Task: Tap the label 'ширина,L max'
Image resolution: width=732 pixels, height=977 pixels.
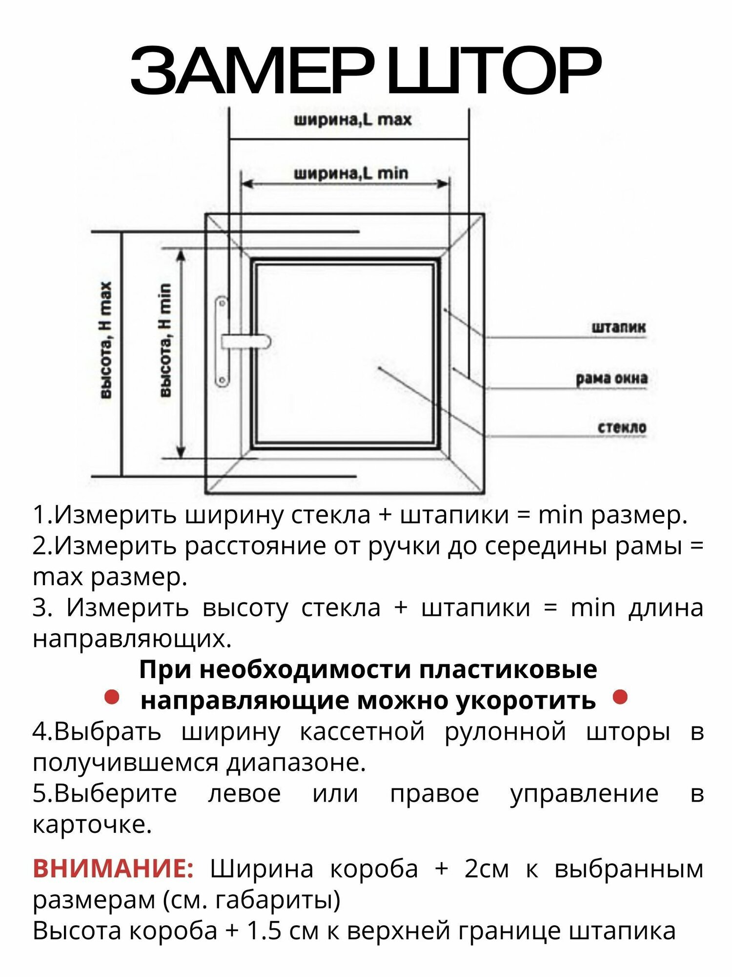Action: (x=352, y=120)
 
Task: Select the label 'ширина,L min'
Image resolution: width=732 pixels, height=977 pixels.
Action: (x=350, y=173)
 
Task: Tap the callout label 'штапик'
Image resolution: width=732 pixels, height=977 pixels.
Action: (x=618, y=327)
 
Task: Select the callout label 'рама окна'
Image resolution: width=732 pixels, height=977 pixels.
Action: (x=611, y=379)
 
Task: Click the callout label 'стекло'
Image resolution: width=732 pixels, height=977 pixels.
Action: (x=622, y=428)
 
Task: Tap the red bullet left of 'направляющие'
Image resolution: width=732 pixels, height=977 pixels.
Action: (x=112, y=697)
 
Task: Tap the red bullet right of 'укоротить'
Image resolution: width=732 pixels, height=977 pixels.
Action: (x=620, y=697)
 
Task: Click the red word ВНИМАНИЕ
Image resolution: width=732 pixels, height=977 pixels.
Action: (x=113, y=869)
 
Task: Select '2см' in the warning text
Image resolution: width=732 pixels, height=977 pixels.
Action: (x=486, y=869)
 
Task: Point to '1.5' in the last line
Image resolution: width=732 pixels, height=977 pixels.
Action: (x=263, y=931)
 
